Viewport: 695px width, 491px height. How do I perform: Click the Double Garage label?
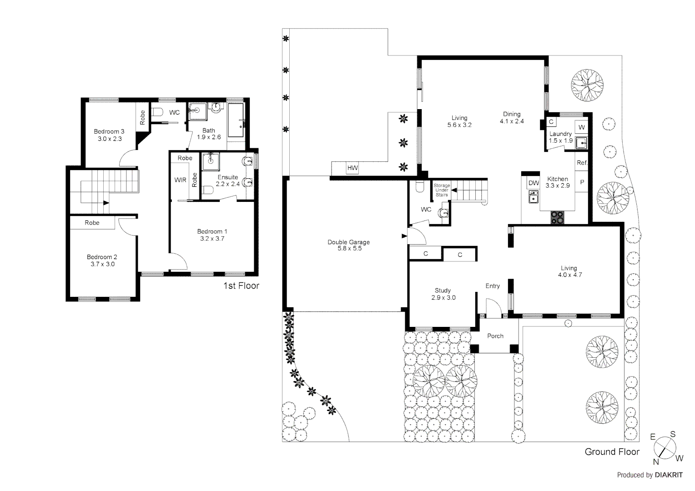click(348, 242)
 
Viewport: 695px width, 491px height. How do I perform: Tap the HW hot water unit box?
click(353, 168)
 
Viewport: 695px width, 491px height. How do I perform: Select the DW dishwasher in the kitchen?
click(534, 183)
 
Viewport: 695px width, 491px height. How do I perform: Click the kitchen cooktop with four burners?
click(557, 218)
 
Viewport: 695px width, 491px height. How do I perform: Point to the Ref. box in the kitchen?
click(582, 163)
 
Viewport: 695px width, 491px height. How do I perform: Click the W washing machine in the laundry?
click(582, 127)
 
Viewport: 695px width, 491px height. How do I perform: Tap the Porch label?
click(495, 336)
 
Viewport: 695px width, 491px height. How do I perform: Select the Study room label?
click(443, 291)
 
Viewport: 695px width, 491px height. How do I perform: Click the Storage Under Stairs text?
click(442, 190)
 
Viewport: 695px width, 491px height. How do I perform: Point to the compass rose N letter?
click(656, 462)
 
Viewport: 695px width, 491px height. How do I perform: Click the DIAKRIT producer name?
click(669, 475)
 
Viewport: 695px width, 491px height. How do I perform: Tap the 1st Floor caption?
click(241, 286)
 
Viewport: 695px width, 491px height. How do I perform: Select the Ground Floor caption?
click(612, 452)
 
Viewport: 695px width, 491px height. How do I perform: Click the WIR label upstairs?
click(180, 180)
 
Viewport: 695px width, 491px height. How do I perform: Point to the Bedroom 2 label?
click(102, 257)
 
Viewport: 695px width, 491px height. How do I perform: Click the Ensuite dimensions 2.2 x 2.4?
click(227, 184)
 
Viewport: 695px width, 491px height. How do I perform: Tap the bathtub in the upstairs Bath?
click(236, 120)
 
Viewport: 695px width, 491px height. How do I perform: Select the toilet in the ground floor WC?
click(419, 186)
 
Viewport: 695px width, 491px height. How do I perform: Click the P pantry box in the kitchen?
click(582, 182)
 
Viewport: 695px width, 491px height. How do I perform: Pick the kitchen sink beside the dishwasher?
click(533, 197)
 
